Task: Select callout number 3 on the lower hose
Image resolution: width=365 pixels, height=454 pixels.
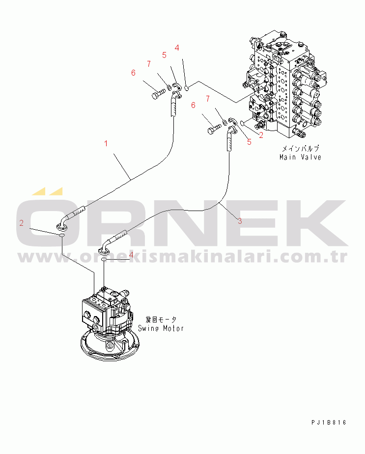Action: point(240,221)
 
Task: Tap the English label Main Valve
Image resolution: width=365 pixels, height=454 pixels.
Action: point(300,157)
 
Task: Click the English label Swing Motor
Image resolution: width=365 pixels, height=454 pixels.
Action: point(161,328)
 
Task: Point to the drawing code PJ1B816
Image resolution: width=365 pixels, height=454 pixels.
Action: point(329,422)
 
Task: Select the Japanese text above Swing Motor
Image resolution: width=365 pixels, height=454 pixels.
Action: point(161,319)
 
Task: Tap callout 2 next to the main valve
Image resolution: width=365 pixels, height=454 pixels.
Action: point(261,134)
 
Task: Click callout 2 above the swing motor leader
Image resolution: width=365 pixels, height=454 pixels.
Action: point(22,223)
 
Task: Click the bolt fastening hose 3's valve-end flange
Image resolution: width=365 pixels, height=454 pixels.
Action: point(214,129)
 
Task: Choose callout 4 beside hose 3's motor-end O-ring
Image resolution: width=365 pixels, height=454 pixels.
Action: point(131,254)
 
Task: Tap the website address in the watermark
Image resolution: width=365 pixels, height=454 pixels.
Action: point(182,257)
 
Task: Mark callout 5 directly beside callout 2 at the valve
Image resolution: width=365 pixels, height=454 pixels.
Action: point(249,142)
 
